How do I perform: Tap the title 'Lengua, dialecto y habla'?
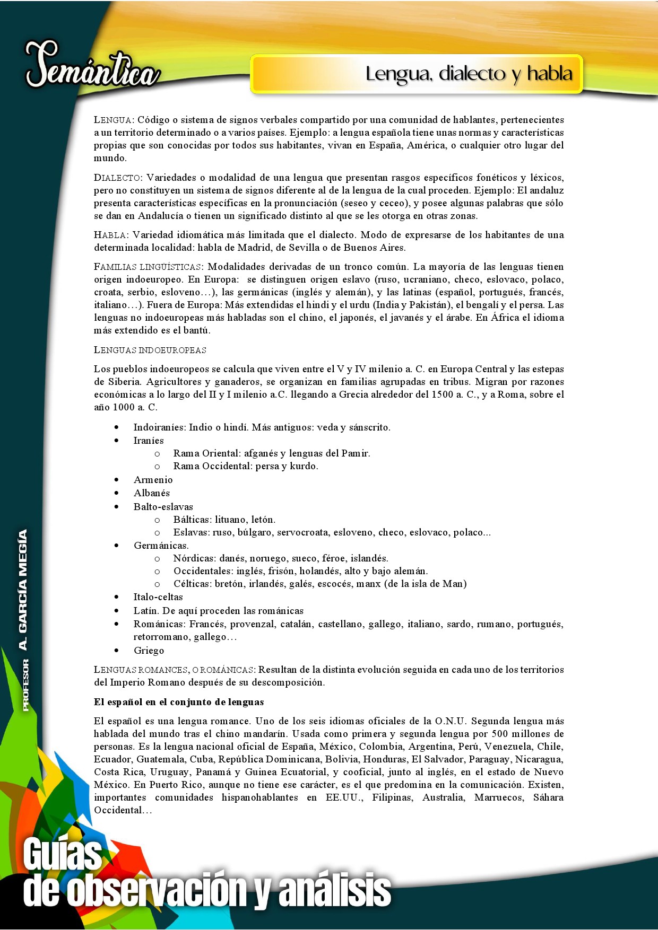point(469,74)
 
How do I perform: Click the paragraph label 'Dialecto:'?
point(118,178)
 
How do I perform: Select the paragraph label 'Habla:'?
point(111,235)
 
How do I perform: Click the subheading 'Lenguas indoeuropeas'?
point(150,350)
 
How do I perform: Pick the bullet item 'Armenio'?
point(153,480)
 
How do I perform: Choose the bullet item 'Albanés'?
point(152,493)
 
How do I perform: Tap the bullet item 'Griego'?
point(149,651)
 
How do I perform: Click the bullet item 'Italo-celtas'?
point(158,597)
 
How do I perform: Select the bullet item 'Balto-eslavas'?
point(163,507)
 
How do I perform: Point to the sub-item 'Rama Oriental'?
point(206,453)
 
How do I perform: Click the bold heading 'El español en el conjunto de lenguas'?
point(179,702)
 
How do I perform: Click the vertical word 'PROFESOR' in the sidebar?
point(25,685)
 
